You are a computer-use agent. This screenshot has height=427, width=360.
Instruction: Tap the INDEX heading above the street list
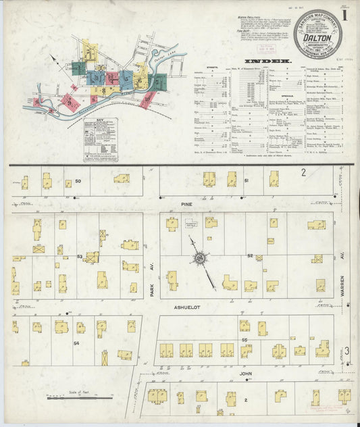point(273,61)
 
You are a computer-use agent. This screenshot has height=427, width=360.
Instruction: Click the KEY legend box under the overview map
point(100,139)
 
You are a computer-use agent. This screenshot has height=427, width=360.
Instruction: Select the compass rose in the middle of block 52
point(200,257)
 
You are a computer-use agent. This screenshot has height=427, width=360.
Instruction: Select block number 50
point(78,180)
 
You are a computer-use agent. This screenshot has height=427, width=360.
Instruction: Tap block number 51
point(247,180)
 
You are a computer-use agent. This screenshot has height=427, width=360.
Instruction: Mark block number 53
point(79,257)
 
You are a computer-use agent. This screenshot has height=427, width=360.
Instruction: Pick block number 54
point(76,343)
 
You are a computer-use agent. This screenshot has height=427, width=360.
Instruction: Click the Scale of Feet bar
point(80,397)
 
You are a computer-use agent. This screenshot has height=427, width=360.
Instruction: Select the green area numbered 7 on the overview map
point(156,82)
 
